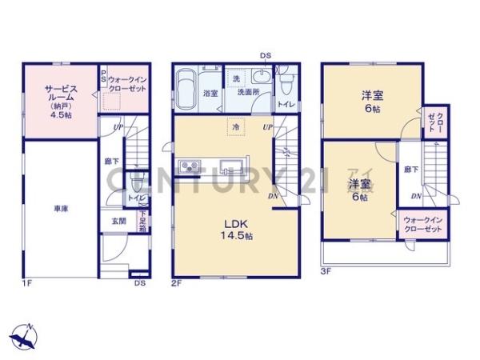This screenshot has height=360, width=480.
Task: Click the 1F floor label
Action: (26, 282)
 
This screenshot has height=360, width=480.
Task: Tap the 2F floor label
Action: (176, 282)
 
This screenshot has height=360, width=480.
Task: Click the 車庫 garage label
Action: (61, 209)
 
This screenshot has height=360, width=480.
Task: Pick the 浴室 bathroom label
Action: (210, 94)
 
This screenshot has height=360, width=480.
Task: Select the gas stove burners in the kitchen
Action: (192, 166)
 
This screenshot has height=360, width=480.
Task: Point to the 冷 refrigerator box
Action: (236, 126)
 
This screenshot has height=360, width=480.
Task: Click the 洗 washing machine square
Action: (235, 79)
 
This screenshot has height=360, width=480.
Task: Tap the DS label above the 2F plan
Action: (265, 55)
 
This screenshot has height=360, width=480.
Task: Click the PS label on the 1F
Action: (103, 78)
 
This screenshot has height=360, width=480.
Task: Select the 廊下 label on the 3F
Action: (410, 170)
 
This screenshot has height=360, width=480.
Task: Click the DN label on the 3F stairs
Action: (416, 196)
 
